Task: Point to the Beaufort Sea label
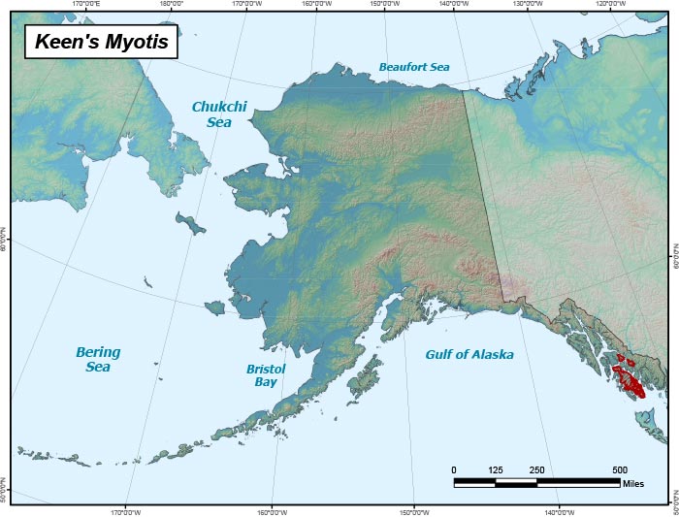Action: coord(414,67)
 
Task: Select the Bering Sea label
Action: coord(98,360)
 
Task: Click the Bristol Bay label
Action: coord(262,375)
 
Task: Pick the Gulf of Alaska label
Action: coord(469,355)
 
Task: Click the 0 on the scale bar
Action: coord(454,470)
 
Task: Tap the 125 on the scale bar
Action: coord(496,470)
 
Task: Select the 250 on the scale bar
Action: coord(536,470)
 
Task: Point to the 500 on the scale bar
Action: coord(620,470)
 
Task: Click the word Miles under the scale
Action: coord(634,482)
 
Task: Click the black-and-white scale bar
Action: coord(536,481)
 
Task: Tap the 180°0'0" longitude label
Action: coord(171,4)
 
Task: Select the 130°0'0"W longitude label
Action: coord(528,4)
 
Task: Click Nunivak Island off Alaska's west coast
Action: coord(214,307)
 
